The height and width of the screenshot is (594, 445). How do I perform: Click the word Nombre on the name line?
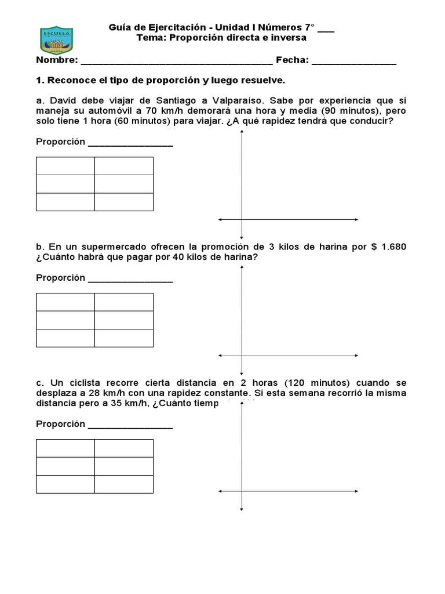click(x=56, y=60)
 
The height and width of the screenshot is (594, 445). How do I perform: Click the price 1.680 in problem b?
click(x=393, y=247)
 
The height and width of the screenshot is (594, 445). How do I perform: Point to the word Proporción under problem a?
click(x=60, y=142)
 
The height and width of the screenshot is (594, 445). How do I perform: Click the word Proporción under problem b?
click(x=60, y=278)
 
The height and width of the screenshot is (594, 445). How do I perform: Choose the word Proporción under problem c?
click(x=60, y=424)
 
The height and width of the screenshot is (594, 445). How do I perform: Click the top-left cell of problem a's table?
click(x=65, y=166)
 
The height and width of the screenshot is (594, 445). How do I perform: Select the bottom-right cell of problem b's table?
click(x=124, y=338)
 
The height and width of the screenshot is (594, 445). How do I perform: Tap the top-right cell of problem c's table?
click(x=124, y=448)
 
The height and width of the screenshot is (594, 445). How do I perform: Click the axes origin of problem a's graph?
click(x=242, y=219)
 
